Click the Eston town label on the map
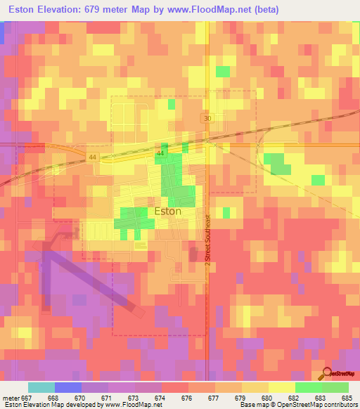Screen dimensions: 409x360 [x=167, y=211]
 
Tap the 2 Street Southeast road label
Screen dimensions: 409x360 [x=208, y=240]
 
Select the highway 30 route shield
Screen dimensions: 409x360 [x=206, y=119]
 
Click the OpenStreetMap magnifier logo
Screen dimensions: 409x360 [x=328, y=375]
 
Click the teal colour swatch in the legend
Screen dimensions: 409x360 [x=41, y=387]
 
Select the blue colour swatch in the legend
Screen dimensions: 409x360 [x=68, y=387]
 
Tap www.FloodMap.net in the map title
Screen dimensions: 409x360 [x=198, y=10]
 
